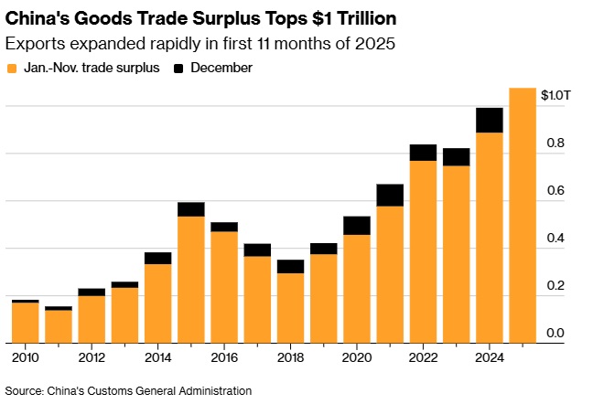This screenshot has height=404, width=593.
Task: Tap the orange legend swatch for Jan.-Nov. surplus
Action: point(12,68)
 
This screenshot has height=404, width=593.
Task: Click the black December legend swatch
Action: point(179,68)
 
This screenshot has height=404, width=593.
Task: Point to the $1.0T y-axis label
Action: point(555,95)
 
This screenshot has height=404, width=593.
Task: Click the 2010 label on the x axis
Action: point(25,358)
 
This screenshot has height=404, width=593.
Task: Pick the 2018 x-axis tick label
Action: point(290,358)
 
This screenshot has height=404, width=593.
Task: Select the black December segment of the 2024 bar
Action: point(490,120)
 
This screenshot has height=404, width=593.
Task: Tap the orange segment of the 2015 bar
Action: point(191,279)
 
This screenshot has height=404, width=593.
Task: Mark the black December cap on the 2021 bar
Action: point(390,195)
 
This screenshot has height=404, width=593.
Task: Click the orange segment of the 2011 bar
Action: point(59,326)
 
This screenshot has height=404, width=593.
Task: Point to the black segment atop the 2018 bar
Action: point(290,266)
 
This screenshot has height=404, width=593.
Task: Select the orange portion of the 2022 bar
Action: point(423,251)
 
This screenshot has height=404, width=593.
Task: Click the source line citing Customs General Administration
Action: point(128,390)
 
